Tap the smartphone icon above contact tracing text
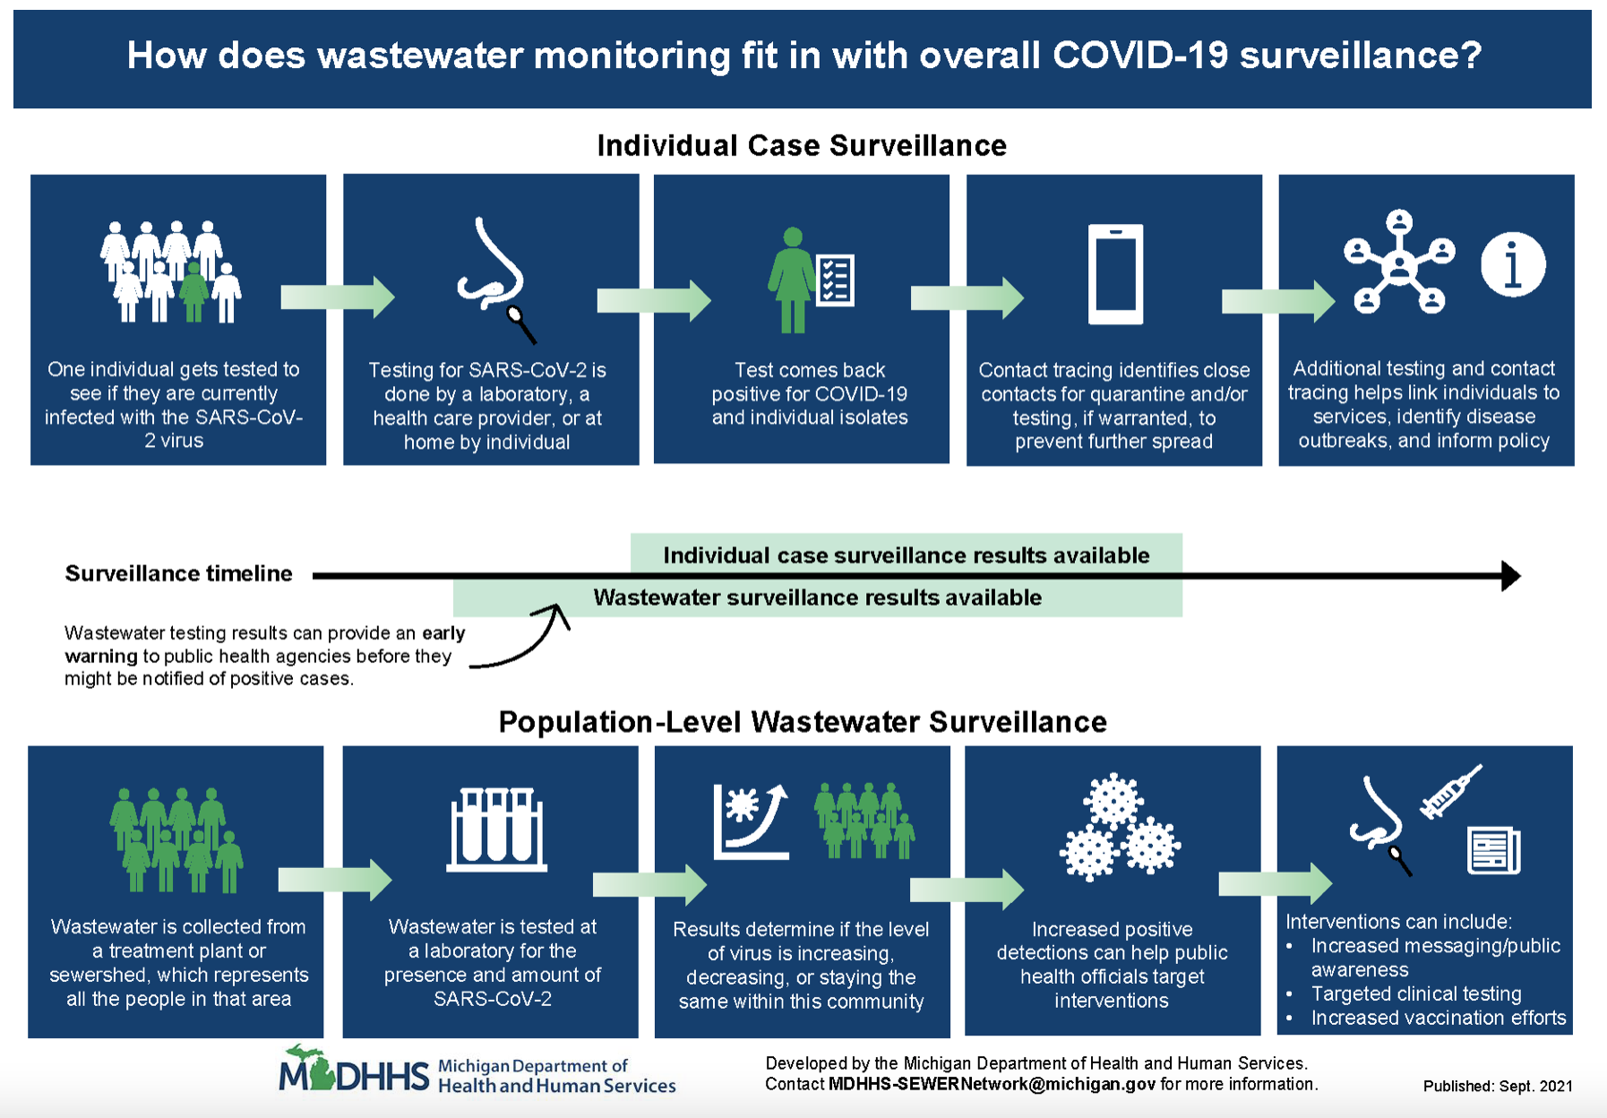(1115, 274)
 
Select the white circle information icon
(1513, 264)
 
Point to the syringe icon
(1450, 792)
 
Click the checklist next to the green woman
(836, 279)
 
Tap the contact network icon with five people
(1398, 262)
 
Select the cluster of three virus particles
(1119, 829)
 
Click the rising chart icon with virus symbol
(751, 821)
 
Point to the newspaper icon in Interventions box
(1493, 851)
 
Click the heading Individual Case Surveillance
(802, 145)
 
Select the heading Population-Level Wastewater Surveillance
(802, 722)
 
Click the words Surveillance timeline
(178, 573)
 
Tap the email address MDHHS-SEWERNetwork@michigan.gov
(992, 1084)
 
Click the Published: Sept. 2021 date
(1498, 1086)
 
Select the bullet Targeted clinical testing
(1415, 993)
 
